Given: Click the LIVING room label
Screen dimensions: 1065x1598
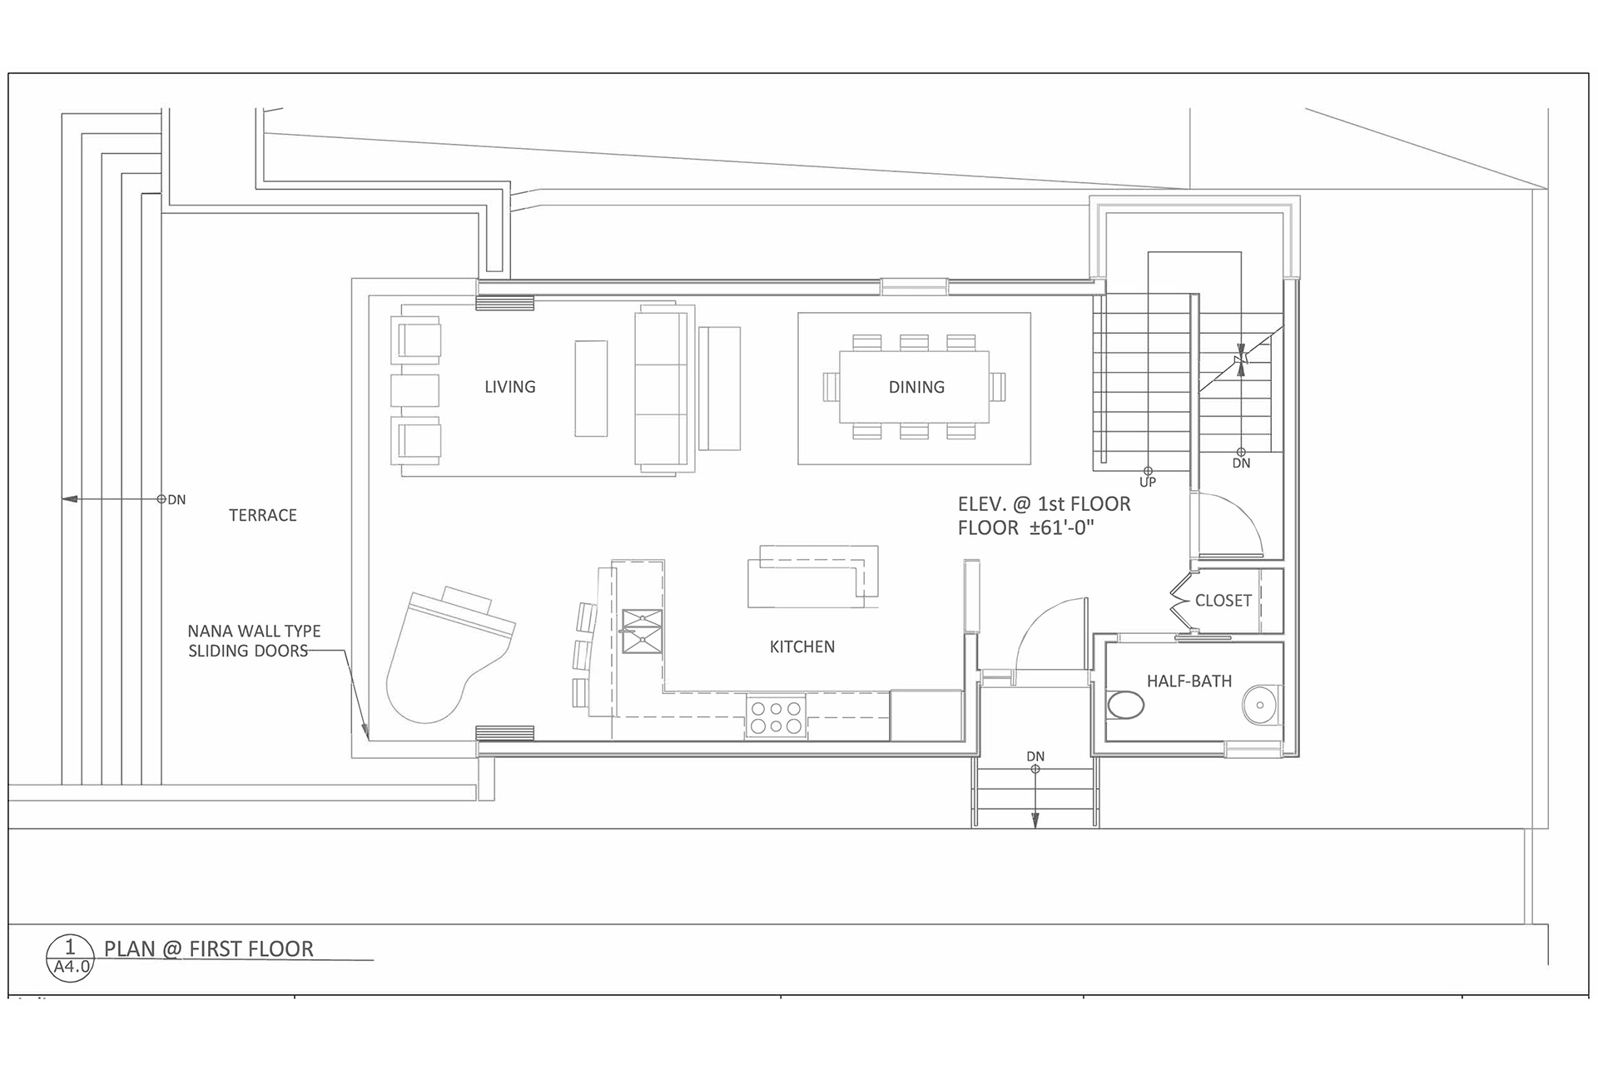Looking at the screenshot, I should click(509, 387).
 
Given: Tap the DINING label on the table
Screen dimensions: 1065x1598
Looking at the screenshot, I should click(916, 387).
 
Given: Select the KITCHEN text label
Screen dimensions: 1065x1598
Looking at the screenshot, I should click(801, 646).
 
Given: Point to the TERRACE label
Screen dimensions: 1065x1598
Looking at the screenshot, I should click(262, 515).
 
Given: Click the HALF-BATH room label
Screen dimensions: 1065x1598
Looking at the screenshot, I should click(1189, 681).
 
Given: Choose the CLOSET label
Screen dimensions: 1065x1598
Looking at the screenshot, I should click(1223, 601).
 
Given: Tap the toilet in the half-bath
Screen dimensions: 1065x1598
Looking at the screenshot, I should click(1126, 706).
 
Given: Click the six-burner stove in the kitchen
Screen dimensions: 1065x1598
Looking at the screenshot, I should click(776, 717).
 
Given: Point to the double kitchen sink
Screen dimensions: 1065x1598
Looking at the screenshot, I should click(642, 631).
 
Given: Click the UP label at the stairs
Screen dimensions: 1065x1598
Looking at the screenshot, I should click(1147, 483).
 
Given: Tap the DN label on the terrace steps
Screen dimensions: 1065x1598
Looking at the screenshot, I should click(176, 500).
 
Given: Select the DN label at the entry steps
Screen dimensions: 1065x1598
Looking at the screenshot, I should click(1035, 756).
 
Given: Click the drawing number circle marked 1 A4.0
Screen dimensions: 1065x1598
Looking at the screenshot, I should click(70, 957).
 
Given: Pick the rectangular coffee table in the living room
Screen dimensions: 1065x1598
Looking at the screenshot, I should click(590, 388).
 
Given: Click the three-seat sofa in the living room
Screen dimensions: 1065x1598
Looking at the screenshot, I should click(662, 388).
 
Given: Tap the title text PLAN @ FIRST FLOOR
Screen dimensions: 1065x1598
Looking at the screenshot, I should click(208, 949).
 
